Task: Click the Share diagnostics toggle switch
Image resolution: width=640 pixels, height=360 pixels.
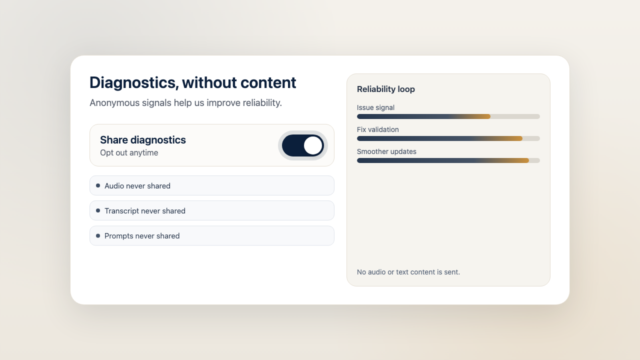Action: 302,145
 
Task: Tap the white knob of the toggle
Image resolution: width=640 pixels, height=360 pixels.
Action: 313,145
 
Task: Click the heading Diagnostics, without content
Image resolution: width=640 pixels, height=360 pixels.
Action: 192,83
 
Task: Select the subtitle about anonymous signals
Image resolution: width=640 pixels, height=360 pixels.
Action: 185,103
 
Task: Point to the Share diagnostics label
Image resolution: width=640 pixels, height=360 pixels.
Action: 143,140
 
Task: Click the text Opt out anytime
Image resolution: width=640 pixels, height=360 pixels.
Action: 129,153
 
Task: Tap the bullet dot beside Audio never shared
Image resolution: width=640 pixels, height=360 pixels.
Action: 98,185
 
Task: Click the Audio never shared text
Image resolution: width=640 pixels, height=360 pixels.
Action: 137,186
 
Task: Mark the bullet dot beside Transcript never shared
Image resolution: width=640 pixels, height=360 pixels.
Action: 98,210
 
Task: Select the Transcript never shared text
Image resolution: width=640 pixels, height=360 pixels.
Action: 145,211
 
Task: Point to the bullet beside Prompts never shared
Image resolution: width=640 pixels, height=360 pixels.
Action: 98,235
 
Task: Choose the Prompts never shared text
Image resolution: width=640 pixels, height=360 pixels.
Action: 142,236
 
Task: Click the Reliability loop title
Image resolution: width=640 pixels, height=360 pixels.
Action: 386,89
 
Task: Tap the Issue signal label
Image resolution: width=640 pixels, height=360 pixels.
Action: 375,107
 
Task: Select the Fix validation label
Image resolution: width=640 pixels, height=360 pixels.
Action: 378,129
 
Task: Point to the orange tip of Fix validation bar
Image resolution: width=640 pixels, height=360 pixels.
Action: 518,138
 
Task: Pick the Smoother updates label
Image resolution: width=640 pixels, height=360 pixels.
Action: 386,151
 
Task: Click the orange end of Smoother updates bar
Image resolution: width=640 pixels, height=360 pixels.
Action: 525,160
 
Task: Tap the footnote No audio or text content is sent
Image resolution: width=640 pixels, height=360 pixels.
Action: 408,272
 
